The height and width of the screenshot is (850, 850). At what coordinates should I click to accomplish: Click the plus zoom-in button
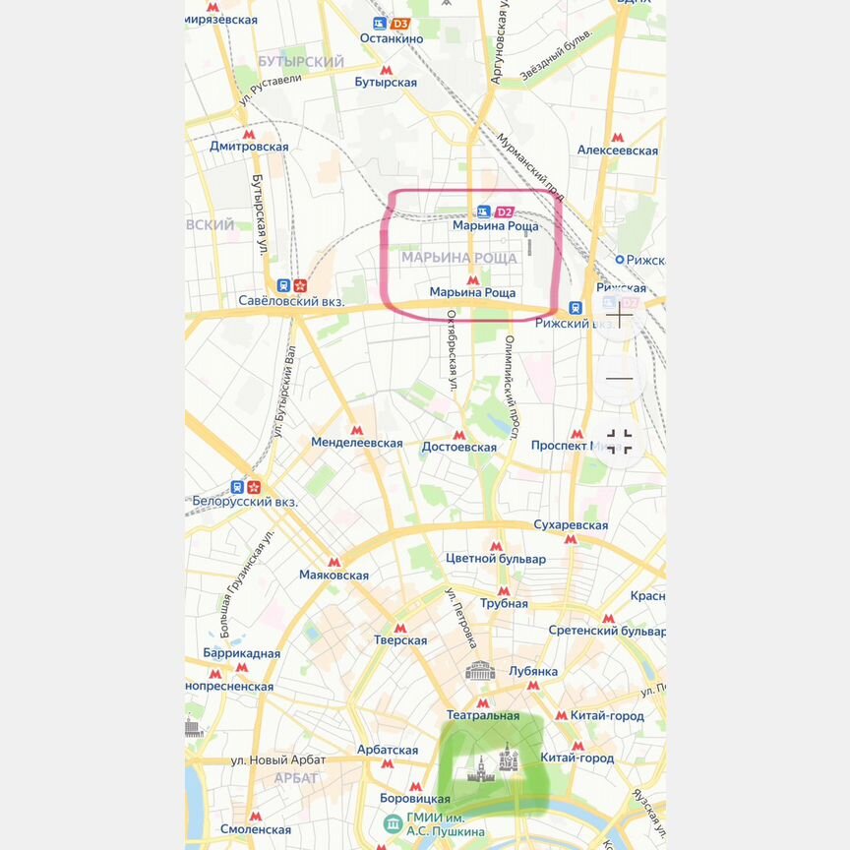[x=620, y=318]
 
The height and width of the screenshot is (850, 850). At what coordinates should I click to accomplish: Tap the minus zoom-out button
[x=620, y=378]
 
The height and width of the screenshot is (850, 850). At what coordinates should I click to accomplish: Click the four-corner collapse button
[x=620, y=441]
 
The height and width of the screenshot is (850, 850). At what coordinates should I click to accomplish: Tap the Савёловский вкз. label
[x=291, y=301]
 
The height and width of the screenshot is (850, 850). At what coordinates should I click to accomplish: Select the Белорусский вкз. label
[x=245, y=502]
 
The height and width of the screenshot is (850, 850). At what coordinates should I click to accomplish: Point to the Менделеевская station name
[x=357, y=443]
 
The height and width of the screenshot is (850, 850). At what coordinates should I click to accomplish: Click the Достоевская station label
[x=458, y=447]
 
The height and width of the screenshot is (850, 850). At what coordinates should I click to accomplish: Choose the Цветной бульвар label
[x=496, y=559]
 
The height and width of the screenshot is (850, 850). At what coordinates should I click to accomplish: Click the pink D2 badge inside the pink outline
[x=504, y=212]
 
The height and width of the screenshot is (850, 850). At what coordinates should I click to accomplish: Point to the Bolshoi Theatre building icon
[x=480, y=672]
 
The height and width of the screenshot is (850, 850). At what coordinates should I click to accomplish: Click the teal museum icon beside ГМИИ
[x=392, y=822]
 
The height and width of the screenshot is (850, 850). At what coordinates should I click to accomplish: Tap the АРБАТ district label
[x=295, y=778]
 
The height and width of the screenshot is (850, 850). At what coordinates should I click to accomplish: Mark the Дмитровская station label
[x=249, y=147]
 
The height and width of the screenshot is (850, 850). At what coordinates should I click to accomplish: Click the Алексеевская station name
[x=617, y=151]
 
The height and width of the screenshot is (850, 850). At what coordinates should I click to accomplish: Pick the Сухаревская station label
[x=571, y=525]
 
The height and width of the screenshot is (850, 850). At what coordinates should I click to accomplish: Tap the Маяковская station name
[x=334, y=576]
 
